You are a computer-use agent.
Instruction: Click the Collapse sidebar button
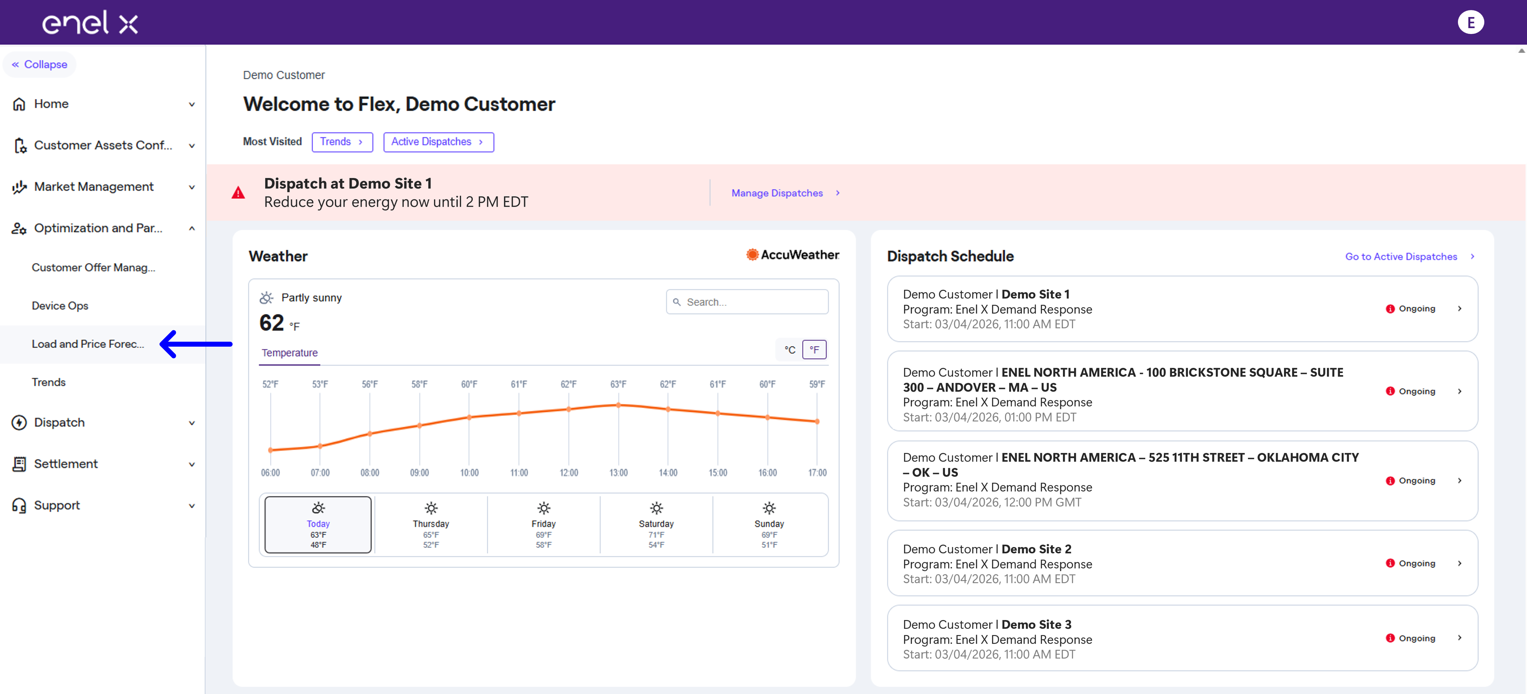tap(40, 64)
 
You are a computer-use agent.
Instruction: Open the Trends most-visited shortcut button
tap(342, 142)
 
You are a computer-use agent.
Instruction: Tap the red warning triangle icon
tap(238, 193)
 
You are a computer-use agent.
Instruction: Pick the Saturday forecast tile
tap(656, 525)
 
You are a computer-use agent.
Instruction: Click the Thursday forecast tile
tap(431, 525)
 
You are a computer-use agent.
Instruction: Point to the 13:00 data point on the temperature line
tap(618, 405)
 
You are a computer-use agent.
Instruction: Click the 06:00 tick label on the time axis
tap(270, 473)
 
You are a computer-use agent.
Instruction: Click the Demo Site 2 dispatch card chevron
tap(1459, 563)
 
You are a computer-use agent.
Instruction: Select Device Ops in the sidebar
tap(60, 305)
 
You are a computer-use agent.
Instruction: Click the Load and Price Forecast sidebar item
tap(88, 344)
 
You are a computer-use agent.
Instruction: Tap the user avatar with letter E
tap(1471, 23)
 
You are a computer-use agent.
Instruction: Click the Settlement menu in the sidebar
tap(66, 464)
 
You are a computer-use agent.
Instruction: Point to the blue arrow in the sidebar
tap(196, 344)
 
